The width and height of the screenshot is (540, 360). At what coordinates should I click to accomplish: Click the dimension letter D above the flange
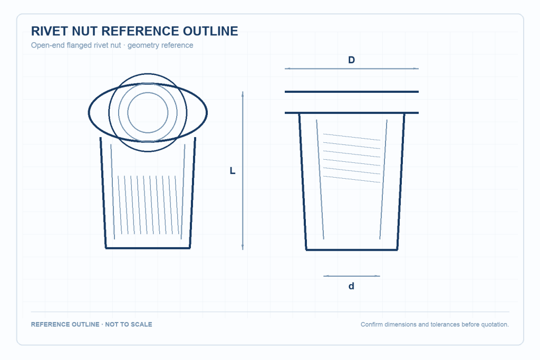[x=351, y=60]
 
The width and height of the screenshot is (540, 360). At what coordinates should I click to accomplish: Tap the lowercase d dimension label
[x=351, y=286]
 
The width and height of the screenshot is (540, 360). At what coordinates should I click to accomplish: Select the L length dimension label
[x=233, y=171]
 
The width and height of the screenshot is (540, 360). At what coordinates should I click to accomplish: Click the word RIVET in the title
[x=50, y=31]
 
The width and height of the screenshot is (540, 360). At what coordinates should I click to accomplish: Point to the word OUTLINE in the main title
[x=210, y=31]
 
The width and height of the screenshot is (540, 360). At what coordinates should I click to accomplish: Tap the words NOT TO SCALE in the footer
[x=129, y=324]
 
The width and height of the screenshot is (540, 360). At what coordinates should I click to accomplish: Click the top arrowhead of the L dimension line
[x=243, y=93]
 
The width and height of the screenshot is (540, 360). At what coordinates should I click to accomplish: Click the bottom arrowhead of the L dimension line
[x=243, y=248]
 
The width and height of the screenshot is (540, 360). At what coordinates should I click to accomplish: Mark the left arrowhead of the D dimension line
[x=286, y=69]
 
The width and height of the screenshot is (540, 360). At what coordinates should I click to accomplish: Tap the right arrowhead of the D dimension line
[x=417, y=69]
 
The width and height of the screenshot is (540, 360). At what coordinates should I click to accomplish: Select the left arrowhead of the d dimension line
[x=325, y=276]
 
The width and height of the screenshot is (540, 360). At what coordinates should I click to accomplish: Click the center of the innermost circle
[x=148, y=113]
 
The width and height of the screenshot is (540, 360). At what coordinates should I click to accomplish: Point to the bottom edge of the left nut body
[x=148, y=248]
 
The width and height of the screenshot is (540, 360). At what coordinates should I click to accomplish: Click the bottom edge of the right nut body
[x=352, y=250]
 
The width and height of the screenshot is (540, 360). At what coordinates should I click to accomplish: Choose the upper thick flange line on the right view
[x=352, y=92]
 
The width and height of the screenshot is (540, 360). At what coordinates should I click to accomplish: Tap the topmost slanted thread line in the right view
[x=352, y=137]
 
